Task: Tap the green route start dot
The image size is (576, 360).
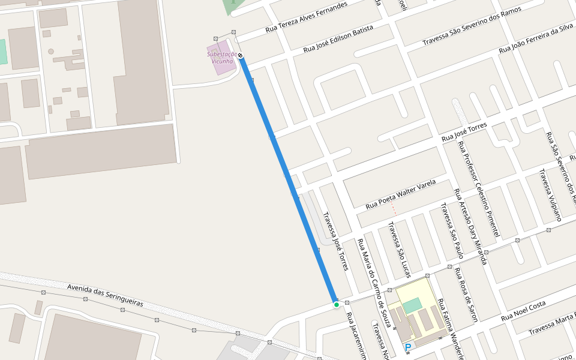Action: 337,305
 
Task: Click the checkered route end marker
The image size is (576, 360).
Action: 241,56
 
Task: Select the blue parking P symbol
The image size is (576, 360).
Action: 408,347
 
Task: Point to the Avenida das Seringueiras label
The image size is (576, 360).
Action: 105,295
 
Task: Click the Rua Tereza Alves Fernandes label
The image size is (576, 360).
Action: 306,17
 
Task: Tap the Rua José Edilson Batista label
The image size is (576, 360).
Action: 338,38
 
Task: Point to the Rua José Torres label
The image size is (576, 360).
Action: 464,132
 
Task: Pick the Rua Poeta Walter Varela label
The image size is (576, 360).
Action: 401,194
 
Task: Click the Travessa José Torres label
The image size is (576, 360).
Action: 335,241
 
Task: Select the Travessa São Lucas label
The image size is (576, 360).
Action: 399,250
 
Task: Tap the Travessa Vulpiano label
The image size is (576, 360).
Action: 550,195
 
